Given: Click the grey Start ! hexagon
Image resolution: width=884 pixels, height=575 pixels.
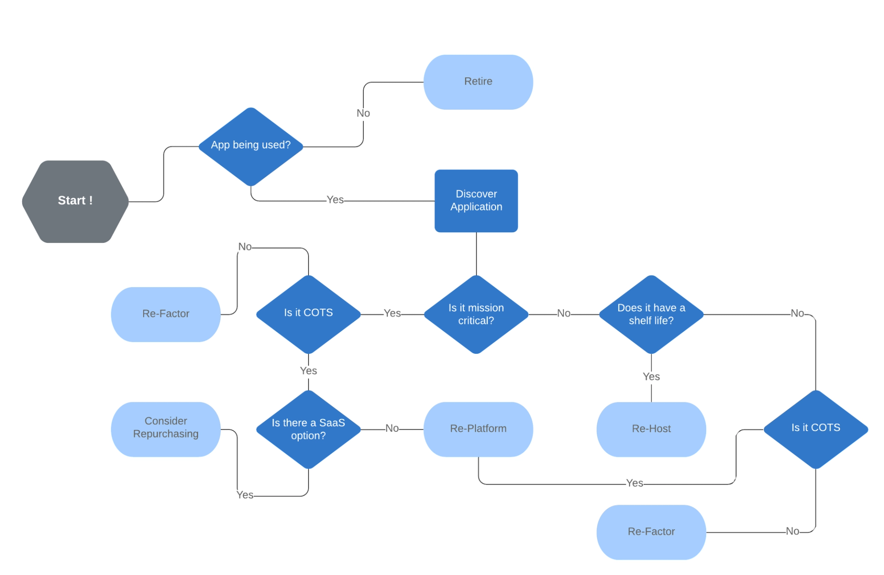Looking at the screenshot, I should [x=75, y=201].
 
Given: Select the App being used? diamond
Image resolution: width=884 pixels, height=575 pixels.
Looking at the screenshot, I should [x=250, y=146].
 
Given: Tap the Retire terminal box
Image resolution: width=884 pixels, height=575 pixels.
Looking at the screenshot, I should [x=478, y=82].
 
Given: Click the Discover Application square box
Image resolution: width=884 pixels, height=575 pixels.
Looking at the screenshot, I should [x=476, y=200].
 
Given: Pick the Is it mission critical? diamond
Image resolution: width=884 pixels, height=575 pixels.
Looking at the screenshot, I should [x=476, y=314].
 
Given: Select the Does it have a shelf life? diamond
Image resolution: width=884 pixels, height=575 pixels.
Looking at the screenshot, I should [x=651, y=314].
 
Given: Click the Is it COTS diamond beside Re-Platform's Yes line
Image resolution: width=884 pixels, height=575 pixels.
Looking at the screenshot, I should [x=815, y=428].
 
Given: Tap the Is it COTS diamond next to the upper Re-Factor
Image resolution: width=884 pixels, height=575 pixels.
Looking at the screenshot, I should [x=308, y=313].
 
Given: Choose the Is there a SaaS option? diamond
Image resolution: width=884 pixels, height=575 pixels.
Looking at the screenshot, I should [x=308, y=429].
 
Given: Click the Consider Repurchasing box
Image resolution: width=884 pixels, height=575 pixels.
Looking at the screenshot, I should [x=166, y=428].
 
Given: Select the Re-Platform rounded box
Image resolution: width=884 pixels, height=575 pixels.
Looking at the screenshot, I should [x=478, y=428].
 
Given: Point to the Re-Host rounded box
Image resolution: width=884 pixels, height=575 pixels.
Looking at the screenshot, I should [x=651, y=428].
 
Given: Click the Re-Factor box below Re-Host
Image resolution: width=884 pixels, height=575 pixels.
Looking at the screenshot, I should [x=651, y=532].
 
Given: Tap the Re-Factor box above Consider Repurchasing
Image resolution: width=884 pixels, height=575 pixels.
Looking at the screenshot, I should [x=166, y=314].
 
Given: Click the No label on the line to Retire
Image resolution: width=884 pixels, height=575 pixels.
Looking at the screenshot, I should [x=363, y=113].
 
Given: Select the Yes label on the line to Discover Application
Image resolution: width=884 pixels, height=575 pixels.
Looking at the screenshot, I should [x=335, y=200].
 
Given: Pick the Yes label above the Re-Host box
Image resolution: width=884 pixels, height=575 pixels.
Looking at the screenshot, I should [x=651, y=377].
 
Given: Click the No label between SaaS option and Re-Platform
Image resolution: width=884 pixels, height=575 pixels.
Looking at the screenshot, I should [x=392, y=428].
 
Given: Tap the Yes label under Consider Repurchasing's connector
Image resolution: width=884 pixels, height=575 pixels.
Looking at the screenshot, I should [x=245, y=495].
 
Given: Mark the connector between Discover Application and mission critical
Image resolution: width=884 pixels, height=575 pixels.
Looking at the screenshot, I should [x=476, y=253].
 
